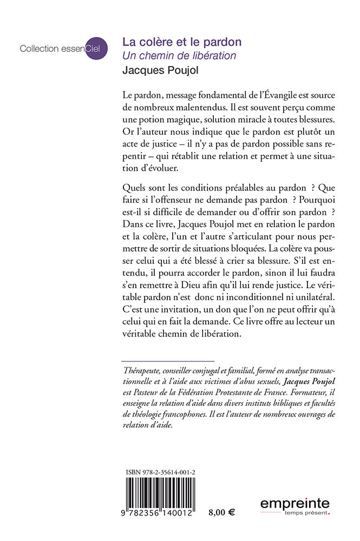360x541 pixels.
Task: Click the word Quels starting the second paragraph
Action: (x=135, y=188)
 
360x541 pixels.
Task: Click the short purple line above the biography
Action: (x=168, y=360)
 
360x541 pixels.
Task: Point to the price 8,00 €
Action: (x=221, y=512)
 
